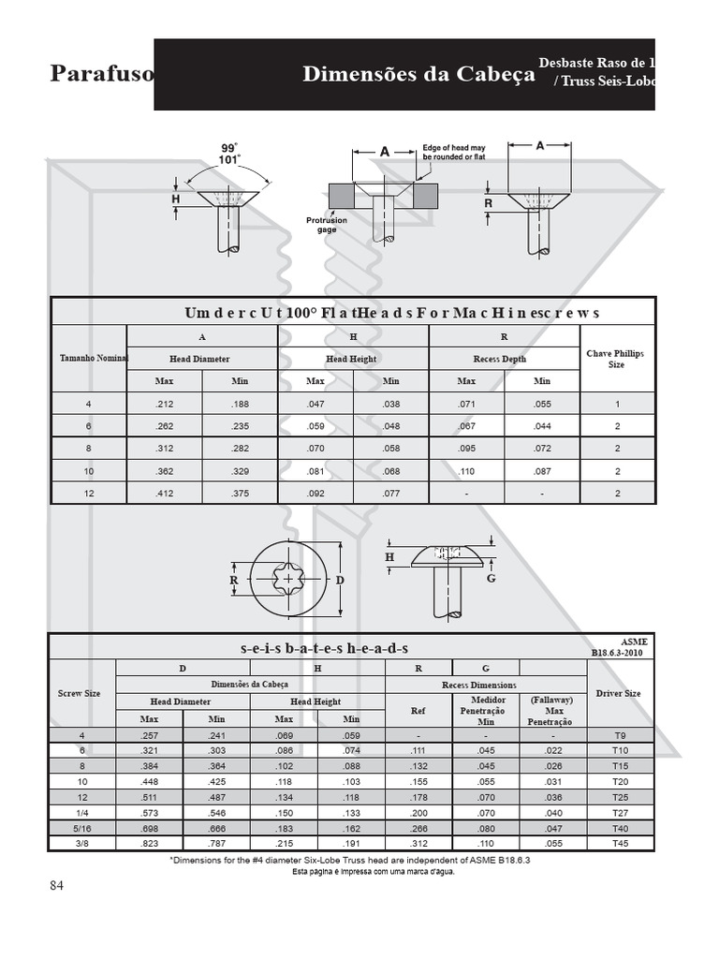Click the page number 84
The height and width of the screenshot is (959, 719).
coord(56,886)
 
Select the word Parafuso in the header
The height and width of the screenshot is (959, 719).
coord(102,73)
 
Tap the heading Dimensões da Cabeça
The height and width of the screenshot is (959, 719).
coord(418,74)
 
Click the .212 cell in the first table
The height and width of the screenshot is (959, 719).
coord(165,405)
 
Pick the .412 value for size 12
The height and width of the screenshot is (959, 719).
coord(165,494)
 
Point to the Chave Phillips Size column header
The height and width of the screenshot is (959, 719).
coord(615,359)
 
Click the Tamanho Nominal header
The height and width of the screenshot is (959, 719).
coord(94,359)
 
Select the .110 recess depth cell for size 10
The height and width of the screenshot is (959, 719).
coord(466,472)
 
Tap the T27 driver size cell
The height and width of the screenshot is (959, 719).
coord(620,814)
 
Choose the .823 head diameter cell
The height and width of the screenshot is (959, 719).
coord(149,844)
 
